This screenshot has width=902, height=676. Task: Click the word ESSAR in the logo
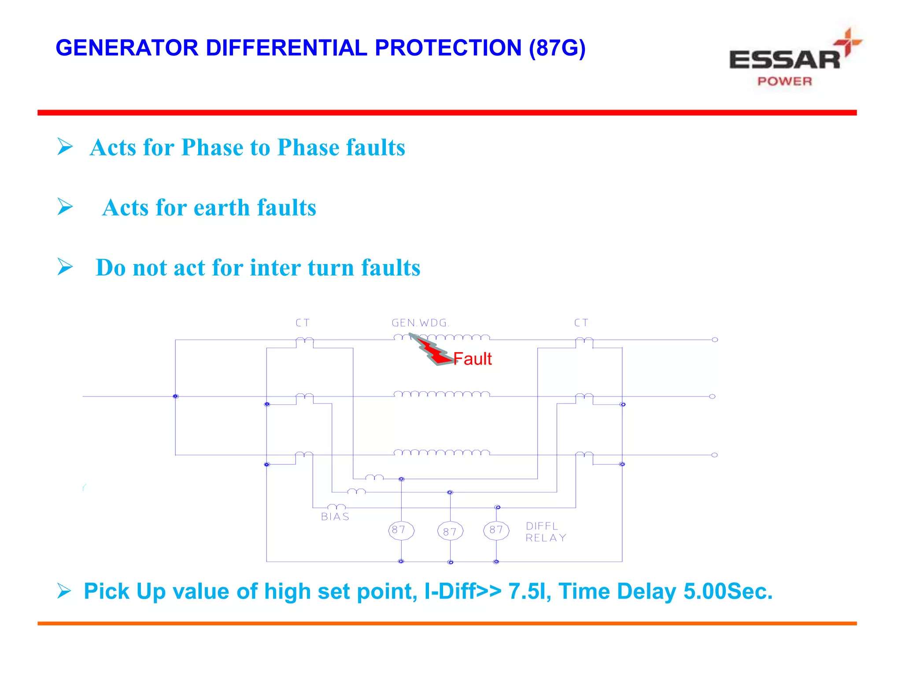[784, 60]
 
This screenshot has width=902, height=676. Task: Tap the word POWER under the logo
[784, 81]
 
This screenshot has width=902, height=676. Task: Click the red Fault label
[473, 359]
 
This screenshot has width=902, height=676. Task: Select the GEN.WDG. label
[421, 323]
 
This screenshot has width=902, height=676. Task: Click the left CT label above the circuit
[303, 323]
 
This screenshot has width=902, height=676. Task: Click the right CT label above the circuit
[581, 323]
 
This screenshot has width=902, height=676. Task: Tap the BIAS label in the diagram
[335, 517]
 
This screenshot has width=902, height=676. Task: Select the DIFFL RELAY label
[545, 532]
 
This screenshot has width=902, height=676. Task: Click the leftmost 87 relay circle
[401, 530]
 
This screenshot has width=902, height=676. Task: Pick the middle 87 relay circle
[450, 532]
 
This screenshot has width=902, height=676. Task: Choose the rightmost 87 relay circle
[496, 530]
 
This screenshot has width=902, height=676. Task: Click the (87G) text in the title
[557, 48]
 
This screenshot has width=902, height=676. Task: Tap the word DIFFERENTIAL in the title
[286, 48]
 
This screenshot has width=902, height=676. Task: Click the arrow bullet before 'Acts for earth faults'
[65, 207]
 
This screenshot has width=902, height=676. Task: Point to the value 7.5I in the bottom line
[527, 591]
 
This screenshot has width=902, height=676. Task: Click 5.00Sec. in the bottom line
[728, 591]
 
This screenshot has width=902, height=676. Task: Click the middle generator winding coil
[441, 394]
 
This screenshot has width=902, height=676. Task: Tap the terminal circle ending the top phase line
[714, 340]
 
